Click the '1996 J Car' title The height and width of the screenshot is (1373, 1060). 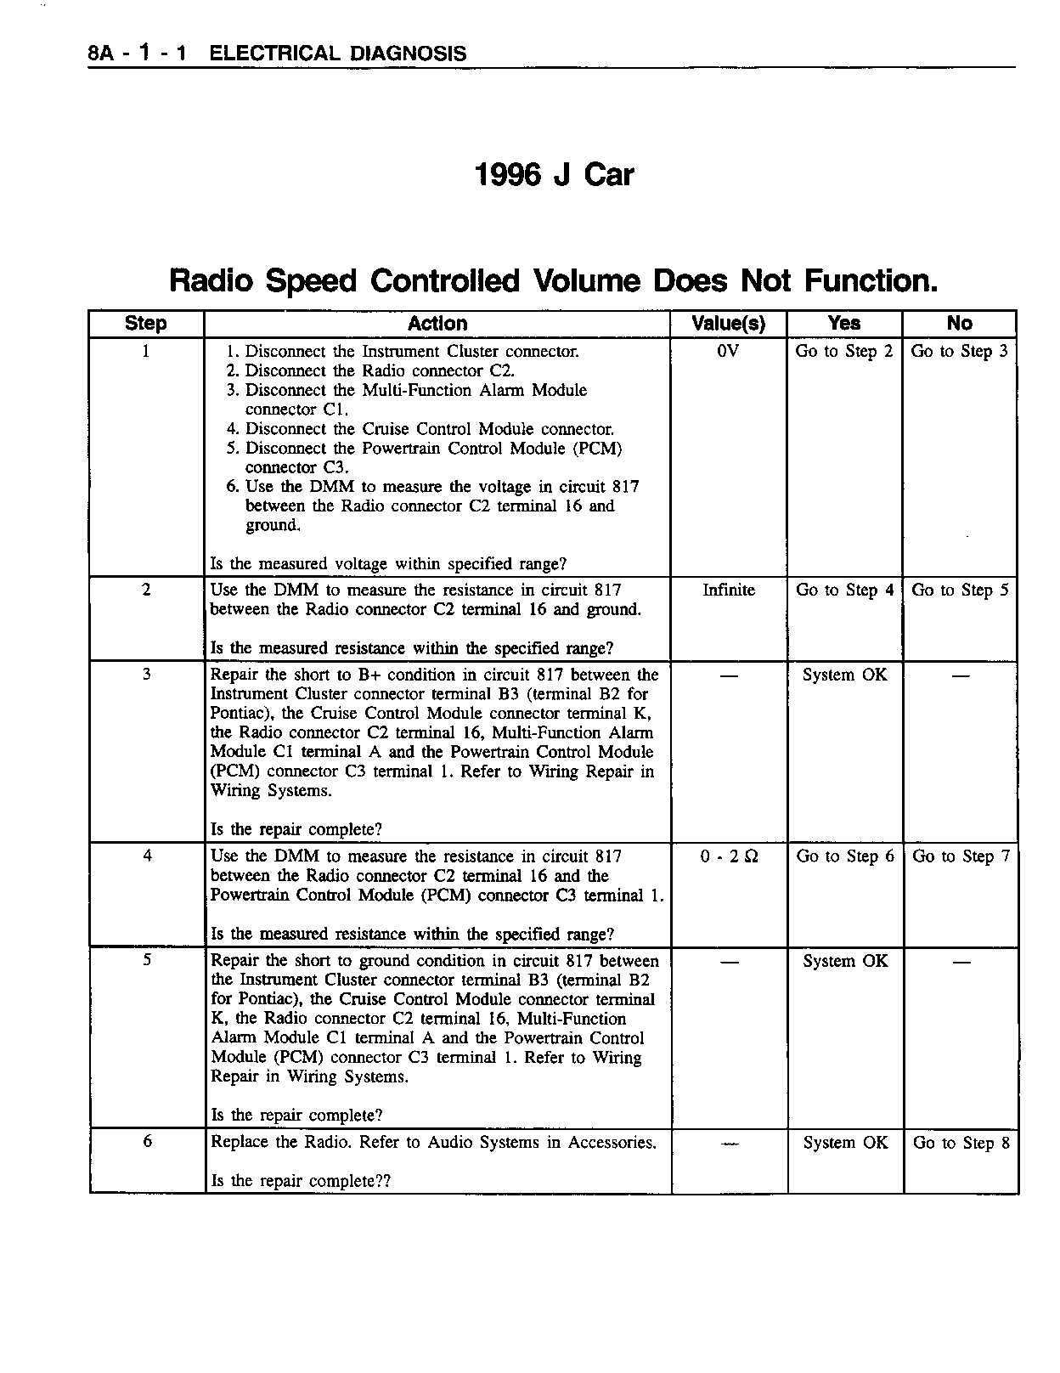click(x=554, y=175)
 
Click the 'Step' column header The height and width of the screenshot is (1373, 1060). click(x=146, y=324)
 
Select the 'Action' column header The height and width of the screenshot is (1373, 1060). click(x=437, y=324)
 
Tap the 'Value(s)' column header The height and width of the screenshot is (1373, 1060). click(x=728, y=324)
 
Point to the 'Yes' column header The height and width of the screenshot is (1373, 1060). click(x=844, y=324)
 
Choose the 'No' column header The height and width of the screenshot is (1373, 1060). click(x=959, y=324)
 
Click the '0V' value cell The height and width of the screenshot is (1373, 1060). click(x=728, y=351)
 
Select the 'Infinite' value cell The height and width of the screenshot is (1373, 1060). click(x=729, y=590)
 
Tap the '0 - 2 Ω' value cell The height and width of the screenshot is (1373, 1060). click(x=730, y=857)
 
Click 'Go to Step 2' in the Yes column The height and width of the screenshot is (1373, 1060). click(x=844, y=351)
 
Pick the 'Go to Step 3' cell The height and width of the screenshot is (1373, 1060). click(x=960, y=351)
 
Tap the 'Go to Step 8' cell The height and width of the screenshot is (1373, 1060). click(x=961, y=1143)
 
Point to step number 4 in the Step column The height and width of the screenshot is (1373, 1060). click(x=147, y=856)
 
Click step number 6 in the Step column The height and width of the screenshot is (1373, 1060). click(x=147, y=1142)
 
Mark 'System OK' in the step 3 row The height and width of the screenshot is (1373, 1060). click(x=845, y=675)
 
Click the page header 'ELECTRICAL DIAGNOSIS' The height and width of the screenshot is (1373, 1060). click(x=338, y=54)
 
